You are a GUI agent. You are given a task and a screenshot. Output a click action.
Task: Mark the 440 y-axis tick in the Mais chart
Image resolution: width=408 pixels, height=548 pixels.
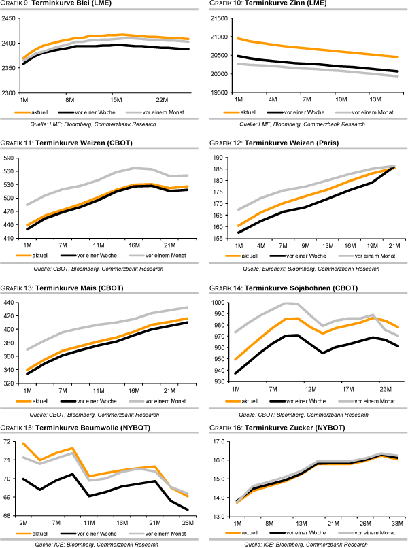coord(12,302)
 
